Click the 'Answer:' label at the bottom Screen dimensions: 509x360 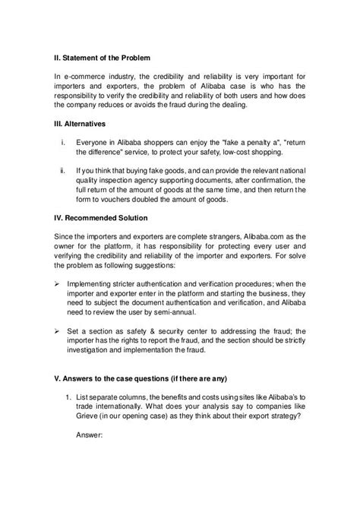pyautogui.click(x=93, y=467)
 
